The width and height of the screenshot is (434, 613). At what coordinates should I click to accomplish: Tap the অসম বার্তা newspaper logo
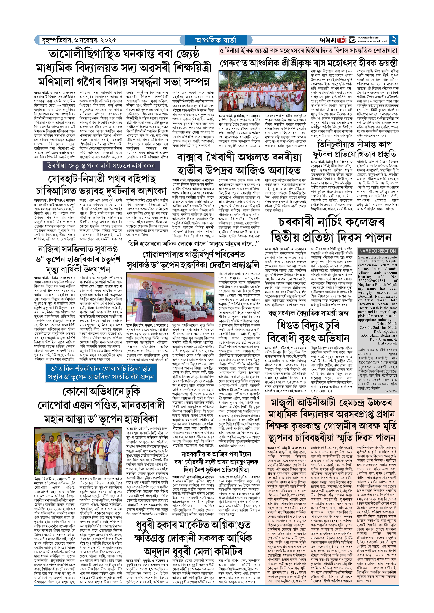tap(333, 40)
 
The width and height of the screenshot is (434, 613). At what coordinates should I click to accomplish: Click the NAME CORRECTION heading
tap(377, 251)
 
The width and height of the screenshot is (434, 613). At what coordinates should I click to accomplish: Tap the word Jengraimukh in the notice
tap(385, 339)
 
